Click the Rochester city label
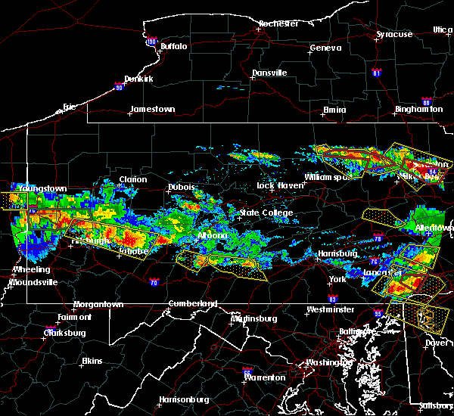coord(279,23)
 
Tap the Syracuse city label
coord(394,35)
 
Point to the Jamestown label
coord(152,109)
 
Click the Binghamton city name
coord(418,110)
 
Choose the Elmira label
coord(334,110)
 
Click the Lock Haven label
coord(277,185)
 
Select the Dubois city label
coord(182,187)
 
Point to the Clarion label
coord(132,180)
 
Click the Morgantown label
coord(98,305)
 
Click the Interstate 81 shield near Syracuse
coord(376,73)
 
